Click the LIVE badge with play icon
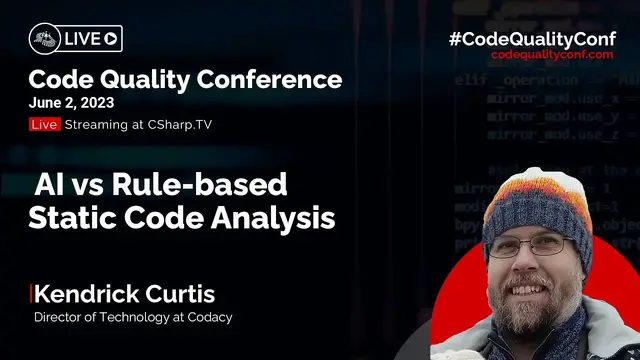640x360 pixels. point(75,39)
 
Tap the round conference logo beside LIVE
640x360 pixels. point(42,39)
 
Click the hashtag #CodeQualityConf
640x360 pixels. point(537,38)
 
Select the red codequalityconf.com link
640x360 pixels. point(552,55)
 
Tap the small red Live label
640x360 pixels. point(44,124)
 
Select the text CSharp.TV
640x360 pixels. point(181,124)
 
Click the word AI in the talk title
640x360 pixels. point(50,186)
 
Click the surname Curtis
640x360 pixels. point(179,294)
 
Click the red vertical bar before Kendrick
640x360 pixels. point(31,294)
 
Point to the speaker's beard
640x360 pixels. point(540,301)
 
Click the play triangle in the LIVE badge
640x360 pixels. point(110,39)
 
